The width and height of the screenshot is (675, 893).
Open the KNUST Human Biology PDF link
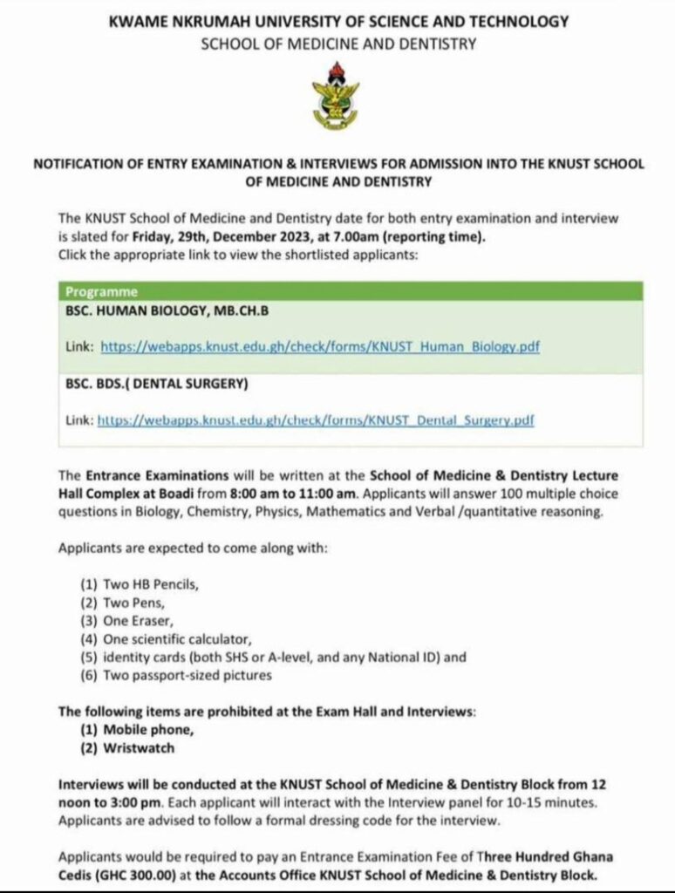tap(320, 346)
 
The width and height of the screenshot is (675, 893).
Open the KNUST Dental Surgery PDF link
tap(315, 420)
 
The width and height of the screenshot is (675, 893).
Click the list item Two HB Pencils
tap(140, 585)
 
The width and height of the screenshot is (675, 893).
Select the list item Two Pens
tap(123, 603)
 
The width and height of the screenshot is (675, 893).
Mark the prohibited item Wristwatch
tap(129, 748)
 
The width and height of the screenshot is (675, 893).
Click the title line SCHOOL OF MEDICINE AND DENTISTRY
tap(338, 44)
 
